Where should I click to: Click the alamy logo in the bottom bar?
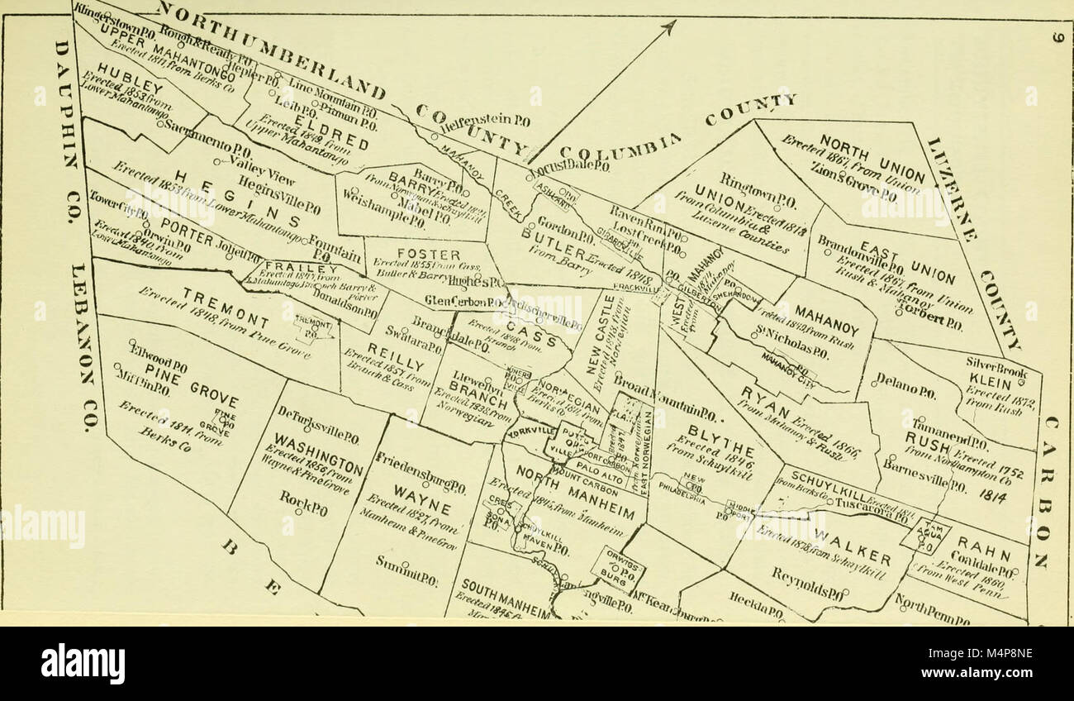click(x=83, y=663)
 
